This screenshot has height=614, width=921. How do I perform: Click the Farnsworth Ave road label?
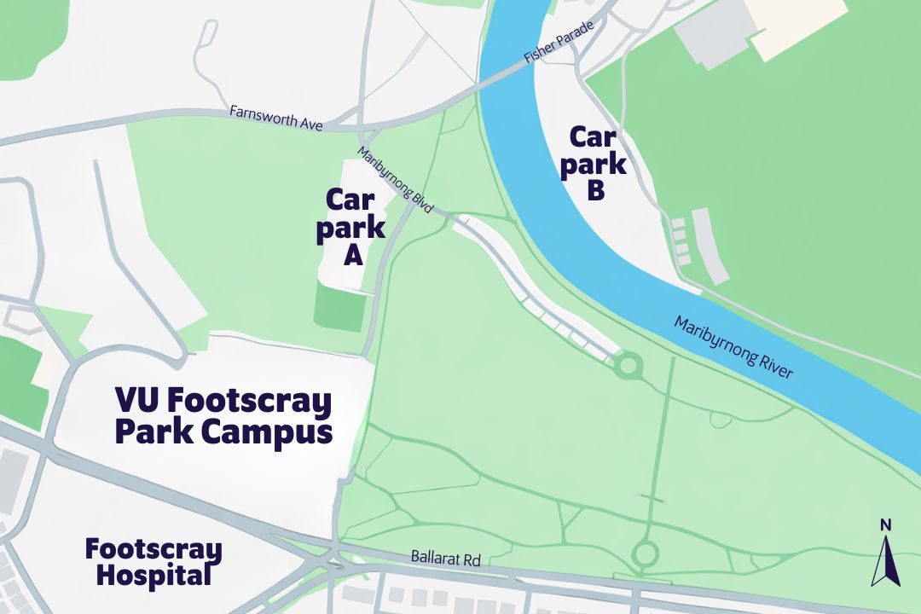tap(276, 118)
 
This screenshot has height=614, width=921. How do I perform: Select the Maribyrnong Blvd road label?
tap(396, 181)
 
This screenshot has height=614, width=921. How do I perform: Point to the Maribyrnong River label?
tap(733, 347)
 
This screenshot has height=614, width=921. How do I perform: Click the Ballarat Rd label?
tap(446, 559)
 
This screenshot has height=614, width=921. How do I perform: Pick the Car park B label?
tap(597, 164)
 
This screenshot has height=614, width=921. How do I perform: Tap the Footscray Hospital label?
tap(153, 562)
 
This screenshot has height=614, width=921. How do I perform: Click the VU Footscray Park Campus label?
tap(223, 415)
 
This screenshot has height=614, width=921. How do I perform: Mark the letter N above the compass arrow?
tap(885, 524)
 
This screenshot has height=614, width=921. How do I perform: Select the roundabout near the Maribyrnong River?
tap(628, 367)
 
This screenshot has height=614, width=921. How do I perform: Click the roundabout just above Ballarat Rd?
tap(644, 554)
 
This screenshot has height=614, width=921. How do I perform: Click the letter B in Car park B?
tap(597, 191)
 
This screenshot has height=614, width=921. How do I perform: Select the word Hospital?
tap(153, 576)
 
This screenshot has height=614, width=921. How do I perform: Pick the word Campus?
tap(267, 432)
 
